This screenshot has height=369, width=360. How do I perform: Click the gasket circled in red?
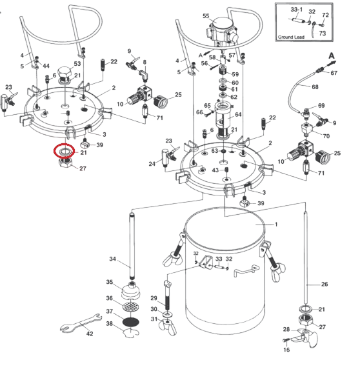coord(60,152)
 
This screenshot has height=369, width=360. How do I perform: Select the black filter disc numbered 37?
coord(131,322)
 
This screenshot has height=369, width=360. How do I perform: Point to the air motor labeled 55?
coord(221,30)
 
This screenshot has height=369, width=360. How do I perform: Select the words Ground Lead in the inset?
coord(291,37)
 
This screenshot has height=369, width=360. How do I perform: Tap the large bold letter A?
coord(332,55)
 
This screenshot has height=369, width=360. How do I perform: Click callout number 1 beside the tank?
coord(276,224)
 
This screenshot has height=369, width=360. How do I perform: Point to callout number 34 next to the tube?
coord(113,259)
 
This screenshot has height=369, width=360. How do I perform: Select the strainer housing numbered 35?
coord(131,291)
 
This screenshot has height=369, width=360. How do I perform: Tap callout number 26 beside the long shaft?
coord(325,284)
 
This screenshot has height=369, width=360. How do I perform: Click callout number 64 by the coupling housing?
coord(238,114)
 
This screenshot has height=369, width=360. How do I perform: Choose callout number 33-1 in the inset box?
coord(297,10)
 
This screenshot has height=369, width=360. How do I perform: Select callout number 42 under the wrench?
coord(90,334)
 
